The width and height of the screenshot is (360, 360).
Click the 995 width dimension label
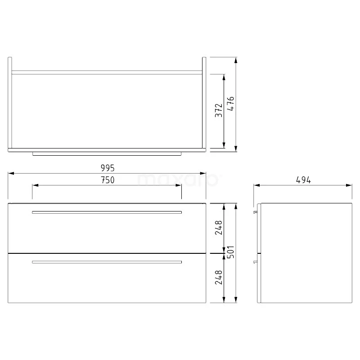pyautogui.click(x=108, y=168)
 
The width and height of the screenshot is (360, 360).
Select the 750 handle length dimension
pyautogui.click(x=107, y=180)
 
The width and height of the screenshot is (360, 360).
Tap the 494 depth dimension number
pyautogui.click(x=303, y=180)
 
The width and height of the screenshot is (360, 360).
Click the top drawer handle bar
pyautogui.click(x=107, y=212)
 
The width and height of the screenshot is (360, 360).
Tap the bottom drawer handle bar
pyautogui.click(x=107, y=262)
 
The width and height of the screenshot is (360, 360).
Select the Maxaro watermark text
pyautogui.click(x=179, y=180)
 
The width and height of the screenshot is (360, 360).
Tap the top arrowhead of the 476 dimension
pyautogui.click(x=236, y=60)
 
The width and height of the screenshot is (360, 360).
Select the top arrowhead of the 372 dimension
pyautogui.click(x=224, y=77)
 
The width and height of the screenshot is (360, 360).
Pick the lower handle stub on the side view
pyautogui.click(x=256, y=260)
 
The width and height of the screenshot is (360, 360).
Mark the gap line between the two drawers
pyautogui.click(x=107, y=253)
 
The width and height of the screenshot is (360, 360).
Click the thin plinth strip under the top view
pyautogui.click(x=107, y=153)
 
